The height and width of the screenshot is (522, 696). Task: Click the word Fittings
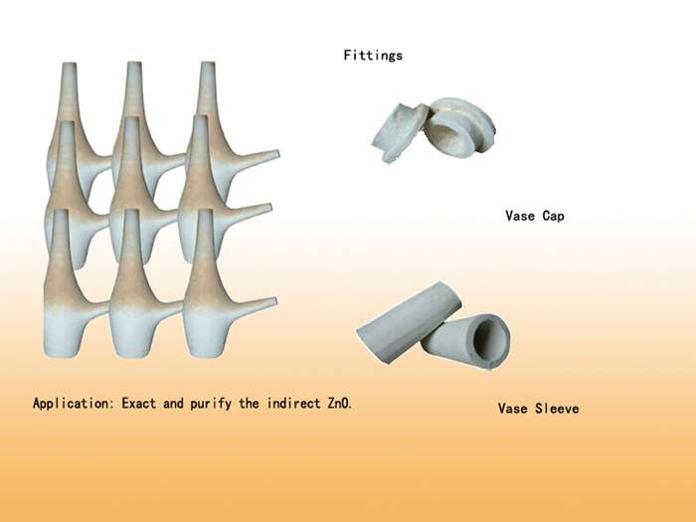pos(373,56)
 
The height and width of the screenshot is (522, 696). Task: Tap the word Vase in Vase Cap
pos(520,216)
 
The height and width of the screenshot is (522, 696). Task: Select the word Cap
pos(553,216)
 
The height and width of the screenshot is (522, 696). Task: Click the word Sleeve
pos(557,409)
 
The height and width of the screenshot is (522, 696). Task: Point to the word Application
pos(73,404)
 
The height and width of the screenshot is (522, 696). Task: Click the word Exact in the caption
pos(139,404)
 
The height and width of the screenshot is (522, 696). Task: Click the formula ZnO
pos(340,404)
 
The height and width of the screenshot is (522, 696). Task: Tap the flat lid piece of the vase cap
pos(399,132)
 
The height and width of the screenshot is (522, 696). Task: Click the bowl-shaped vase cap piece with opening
pos(459,126)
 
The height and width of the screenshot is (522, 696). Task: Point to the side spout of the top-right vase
pos(256,157)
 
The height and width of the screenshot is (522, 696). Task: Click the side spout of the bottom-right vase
pos(253,306)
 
